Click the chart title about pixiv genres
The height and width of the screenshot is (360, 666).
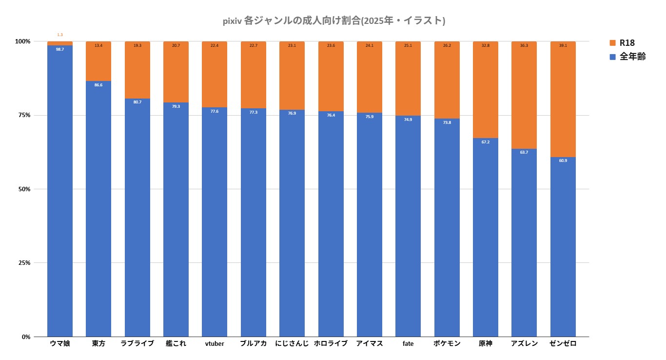tap(333, 21)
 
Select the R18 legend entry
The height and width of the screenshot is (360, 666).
tap(627, 43)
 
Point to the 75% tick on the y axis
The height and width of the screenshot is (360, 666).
tap(24, 115)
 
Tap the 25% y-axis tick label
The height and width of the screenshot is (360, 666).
tap(24, 263)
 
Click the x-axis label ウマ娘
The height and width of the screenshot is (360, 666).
tap(60, 343)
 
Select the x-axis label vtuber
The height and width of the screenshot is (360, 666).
tap(215, 343)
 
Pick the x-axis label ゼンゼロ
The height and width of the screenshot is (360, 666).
tap(563, 343)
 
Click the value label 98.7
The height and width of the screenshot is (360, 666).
tap(60, 49)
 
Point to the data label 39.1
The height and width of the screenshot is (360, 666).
tap(563, 45)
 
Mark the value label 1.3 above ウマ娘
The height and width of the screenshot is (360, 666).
tap(60, 35)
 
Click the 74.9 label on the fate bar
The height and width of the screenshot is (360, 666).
tap(408, 120)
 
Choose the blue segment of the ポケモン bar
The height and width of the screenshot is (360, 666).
tap(447, 229)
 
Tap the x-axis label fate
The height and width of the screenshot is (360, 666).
tap(408, 343)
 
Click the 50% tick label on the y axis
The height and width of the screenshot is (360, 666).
tap(24, 189)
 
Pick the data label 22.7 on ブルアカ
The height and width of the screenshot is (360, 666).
tap(254, 45)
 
